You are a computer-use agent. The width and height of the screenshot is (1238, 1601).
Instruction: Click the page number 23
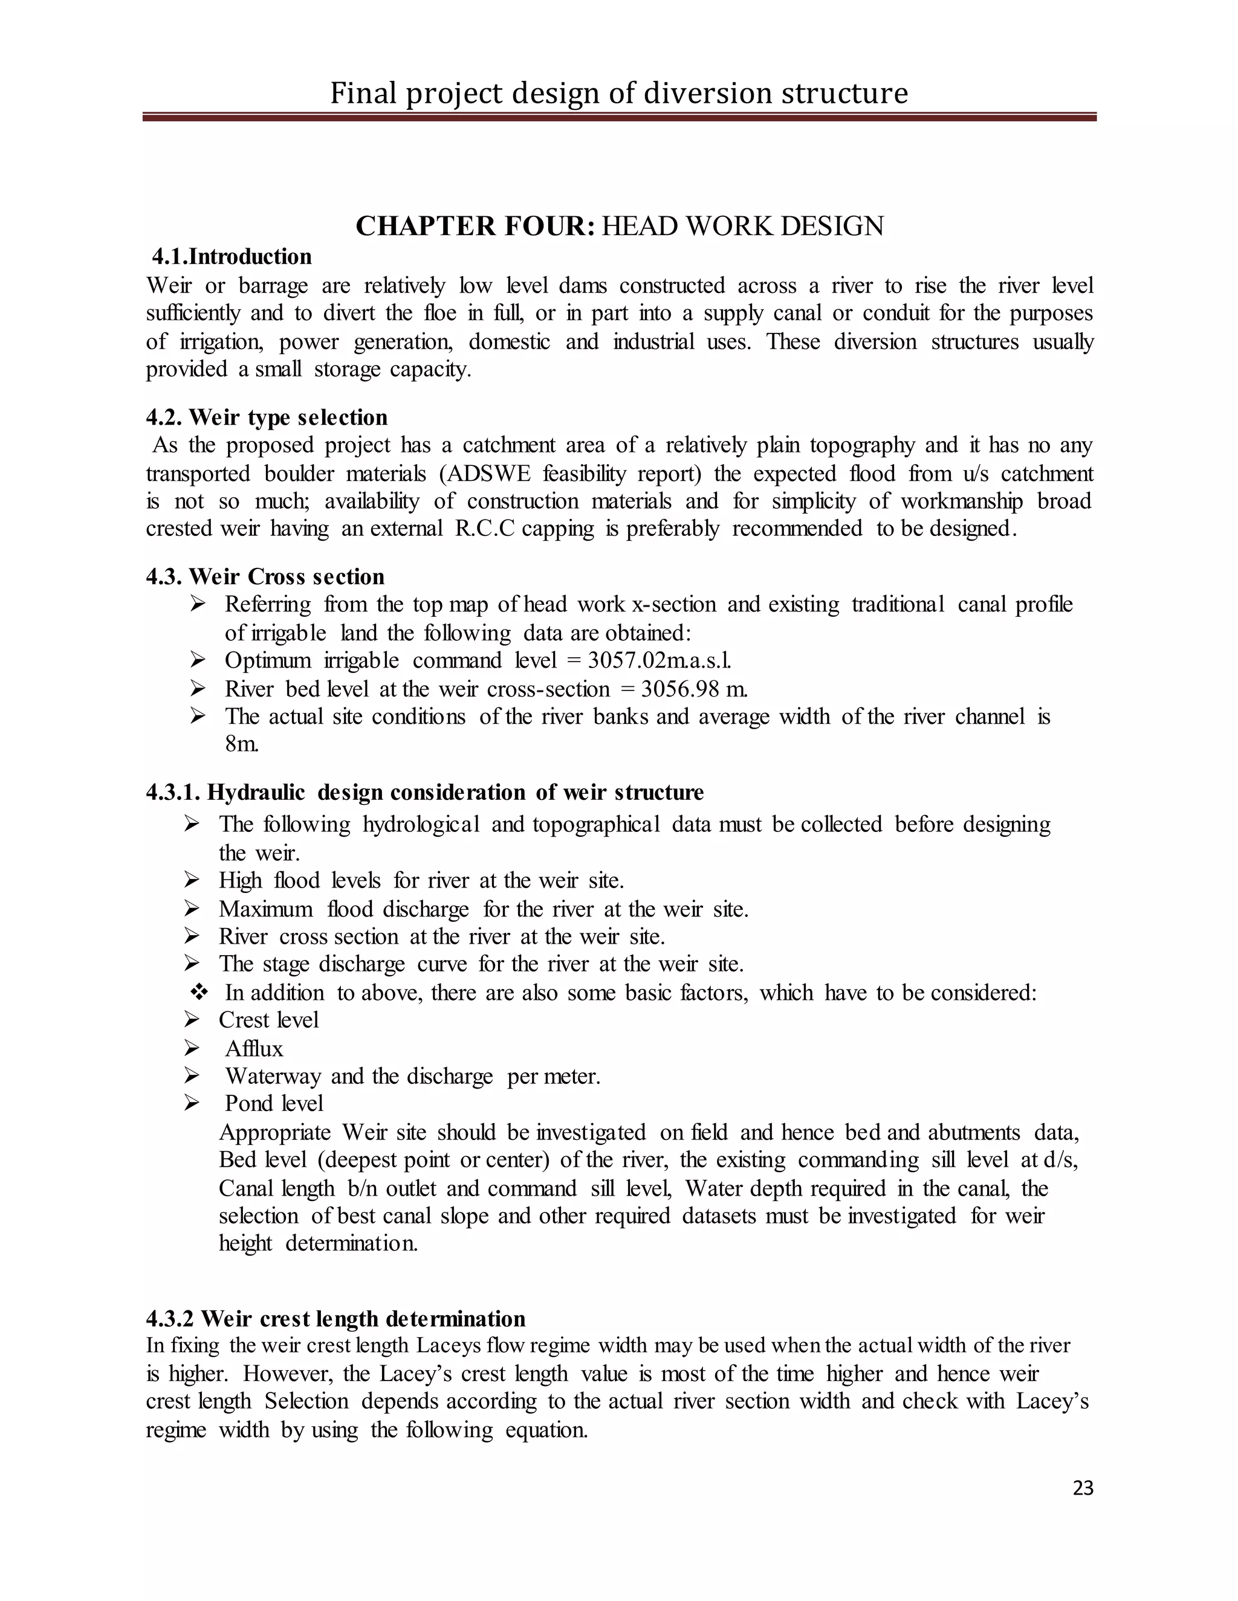[x=1083, y=1487]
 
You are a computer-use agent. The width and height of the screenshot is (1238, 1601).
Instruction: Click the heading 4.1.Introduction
[x=232, y=257]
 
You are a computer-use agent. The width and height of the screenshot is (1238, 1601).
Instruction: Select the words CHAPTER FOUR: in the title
[x=475, y=226]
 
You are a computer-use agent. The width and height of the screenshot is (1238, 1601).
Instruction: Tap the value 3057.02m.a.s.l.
[x=660, y=660]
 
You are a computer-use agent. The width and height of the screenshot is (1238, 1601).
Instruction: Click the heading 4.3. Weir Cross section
[x=265, y=576]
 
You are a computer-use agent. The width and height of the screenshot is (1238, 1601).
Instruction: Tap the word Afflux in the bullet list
[x=254, y=1048]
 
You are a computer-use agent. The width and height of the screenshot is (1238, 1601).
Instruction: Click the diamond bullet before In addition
[x=199, y=993]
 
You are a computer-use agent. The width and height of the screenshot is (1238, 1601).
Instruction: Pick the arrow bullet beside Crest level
[x=192, y=1020]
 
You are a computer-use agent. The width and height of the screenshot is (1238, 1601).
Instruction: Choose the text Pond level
[x=274, y=1103]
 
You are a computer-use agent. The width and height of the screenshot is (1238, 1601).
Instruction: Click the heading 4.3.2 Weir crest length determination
[x=335, y=1318]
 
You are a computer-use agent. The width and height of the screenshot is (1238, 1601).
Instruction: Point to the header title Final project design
[x=618, y=93]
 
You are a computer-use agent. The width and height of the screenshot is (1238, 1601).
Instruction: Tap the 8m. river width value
[x=241, y=744]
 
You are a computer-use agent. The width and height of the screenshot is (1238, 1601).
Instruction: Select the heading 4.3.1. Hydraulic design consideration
[x=424, y=793]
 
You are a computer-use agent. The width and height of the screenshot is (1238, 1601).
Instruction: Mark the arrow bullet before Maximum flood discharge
[x=192, y=909]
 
